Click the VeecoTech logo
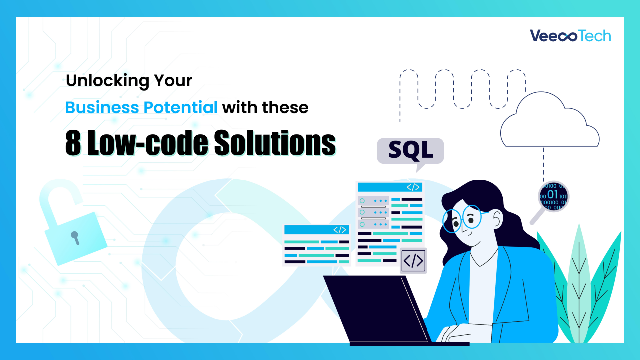(570, 36)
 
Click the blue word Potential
(186, 107)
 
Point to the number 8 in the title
(73, 144)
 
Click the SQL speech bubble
(410, 150)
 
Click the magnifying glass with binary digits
(553, 195)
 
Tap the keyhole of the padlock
(75, 237)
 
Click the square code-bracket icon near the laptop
(413, 261)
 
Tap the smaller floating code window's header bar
(316, 230)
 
